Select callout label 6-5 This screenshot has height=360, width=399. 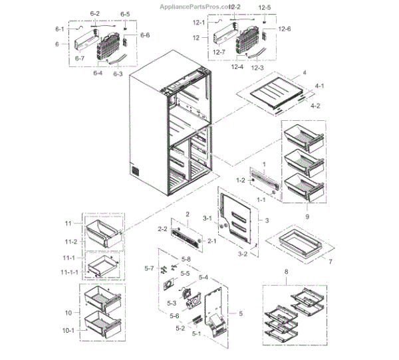[x=125, y=14]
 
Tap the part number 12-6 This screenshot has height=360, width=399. [x=285, y=29]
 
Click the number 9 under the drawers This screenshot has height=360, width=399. [x=307, y=217]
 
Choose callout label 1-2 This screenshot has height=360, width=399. [x=240, y=180]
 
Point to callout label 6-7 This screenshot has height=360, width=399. [x=80, y=59]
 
